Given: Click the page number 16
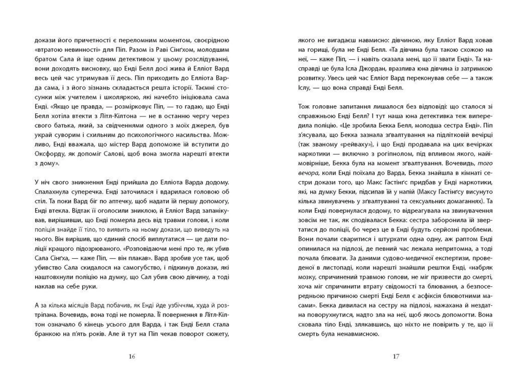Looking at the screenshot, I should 132,356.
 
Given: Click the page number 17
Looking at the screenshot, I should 396,356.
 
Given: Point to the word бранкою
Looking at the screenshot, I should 46,334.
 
